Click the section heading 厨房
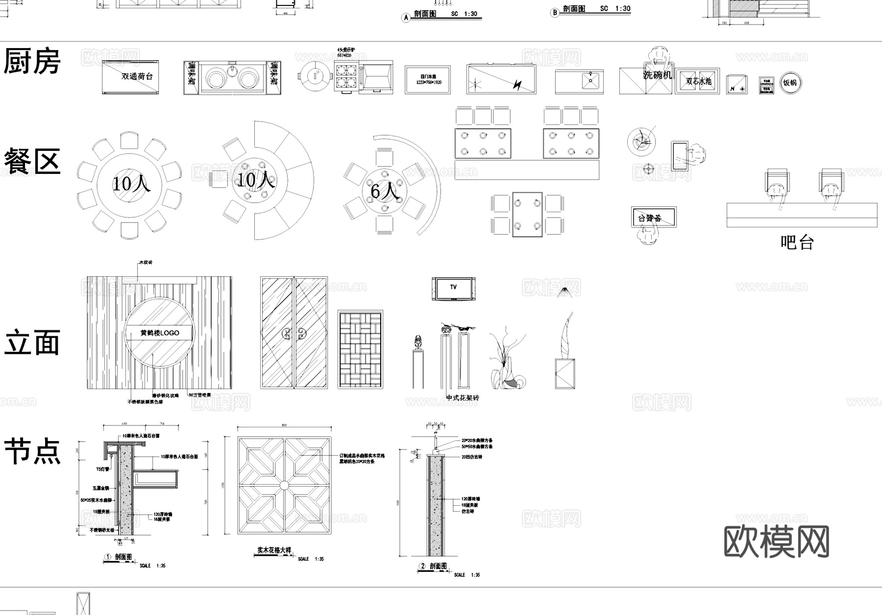tap(32, 62)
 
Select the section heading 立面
tap(32, 343)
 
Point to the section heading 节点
tap(32, 451)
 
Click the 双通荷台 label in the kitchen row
tap(137, 76)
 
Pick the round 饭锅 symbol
tap(790, 83)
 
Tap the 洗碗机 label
tap(658, 75)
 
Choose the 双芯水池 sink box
tap(698, 81)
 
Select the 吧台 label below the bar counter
tap(797, 242)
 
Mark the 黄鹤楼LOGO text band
tap(160, 333)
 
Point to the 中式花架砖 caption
tap(463, 398)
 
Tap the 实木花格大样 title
tap(274, 550)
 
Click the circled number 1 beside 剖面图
tap(108, 557)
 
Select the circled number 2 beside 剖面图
tap(422, 566)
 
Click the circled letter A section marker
tap(406, 18)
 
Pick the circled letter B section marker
tap(555, 13)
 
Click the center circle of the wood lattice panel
tap(285, 485)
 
